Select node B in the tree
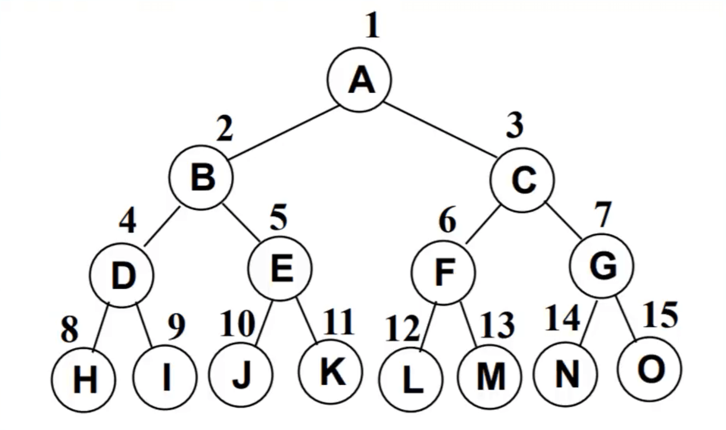tap(202, 178)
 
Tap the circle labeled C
tap(523, 179)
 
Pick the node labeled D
tap(122, 276)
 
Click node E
tap(280, 268)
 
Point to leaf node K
tap(331, 371)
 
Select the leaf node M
tap(490, 378)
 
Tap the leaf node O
tap(649, 368)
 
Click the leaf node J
tap(241, 375)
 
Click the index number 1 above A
tap(373, 26)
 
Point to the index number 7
tap(603, 216)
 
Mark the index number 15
tap(661, 314)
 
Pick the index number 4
tap(127, 221)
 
